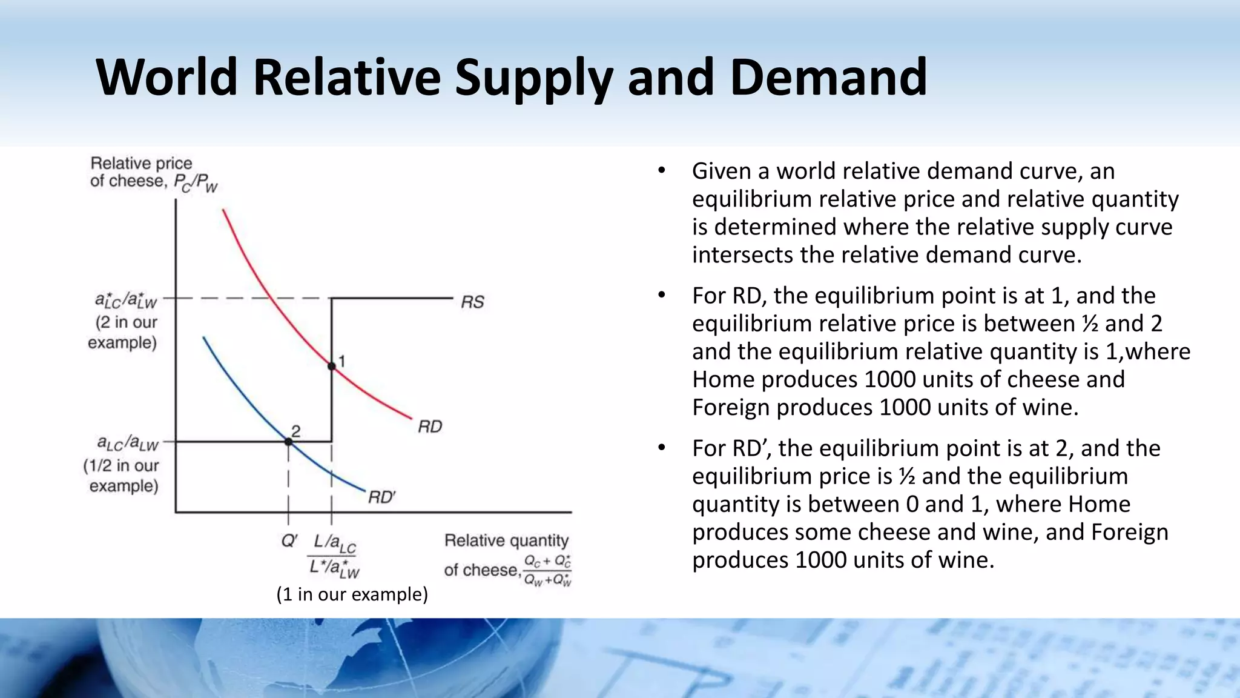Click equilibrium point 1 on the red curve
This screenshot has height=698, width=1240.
(331, 366)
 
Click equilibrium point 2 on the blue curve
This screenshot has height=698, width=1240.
(288, 442)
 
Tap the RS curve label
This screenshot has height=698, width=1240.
(472, 302)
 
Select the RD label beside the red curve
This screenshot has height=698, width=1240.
(430, 427)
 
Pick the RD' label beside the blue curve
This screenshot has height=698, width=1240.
(381, 497)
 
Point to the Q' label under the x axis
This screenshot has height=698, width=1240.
(289, 540)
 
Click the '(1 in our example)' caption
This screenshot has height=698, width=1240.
(352, 594)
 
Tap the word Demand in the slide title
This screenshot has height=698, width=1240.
(828, 77)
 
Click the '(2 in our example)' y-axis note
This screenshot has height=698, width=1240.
(123, 332)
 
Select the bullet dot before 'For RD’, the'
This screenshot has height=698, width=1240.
(662, 448)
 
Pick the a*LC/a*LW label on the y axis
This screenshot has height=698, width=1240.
(126, 301)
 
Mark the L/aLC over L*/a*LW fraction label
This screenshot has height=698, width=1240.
(334, 556)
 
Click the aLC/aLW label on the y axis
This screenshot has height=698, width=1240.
(127, 444)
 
